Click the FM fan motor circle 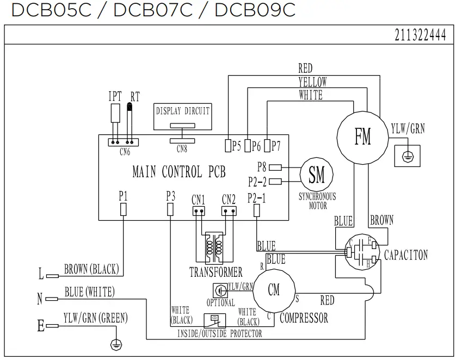click(362, 136)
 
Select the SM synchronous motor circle click(317, 175)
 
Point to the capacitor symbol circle click(360, 253)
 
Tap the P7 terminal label click(276, 146)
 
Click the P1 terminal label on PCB click(124, 196)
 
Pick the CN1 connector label click(198, 199)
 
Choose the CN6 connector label click(125, 152)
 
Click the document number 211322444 click(420, 35)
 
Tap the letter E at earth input click(40, 326)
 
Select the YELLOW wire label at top click(312, 82)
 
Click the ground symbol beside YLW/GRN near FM click(405, 157)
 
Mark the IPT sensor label click(115, 97)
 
